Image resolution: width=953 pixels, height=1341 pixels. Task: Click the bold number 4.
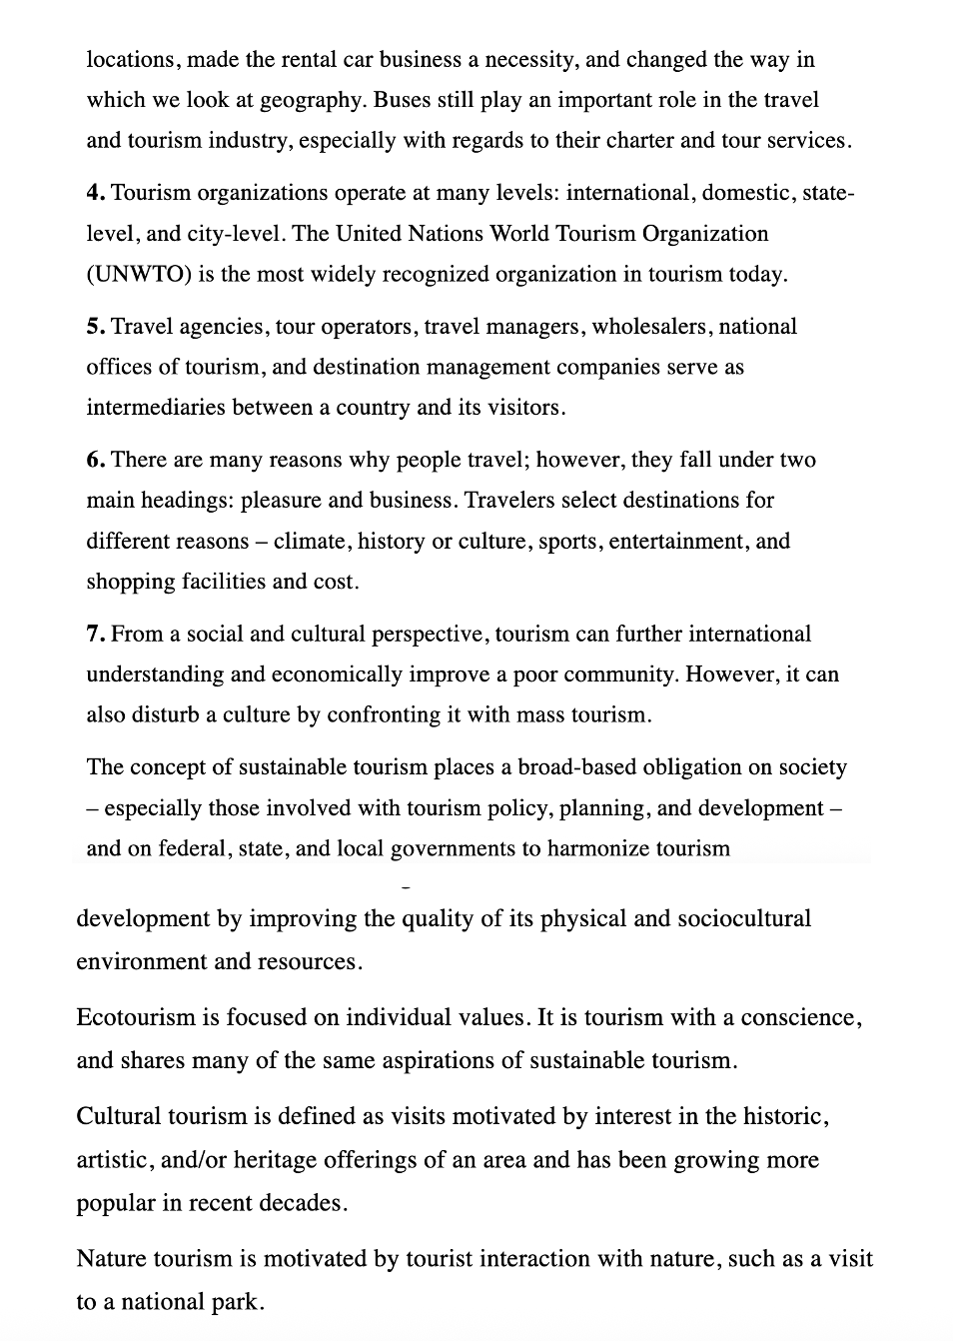point(95,193)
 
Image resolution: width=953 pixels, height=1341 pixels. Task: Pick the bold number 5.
point(95,327)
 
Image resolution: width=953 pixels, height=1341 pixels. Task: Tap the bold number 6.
point(95,460)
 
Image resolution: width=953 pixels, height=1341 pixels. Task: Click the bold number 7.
point(95,634)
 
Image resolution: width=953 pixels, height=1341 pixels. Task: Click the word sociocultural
point(744,918)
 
